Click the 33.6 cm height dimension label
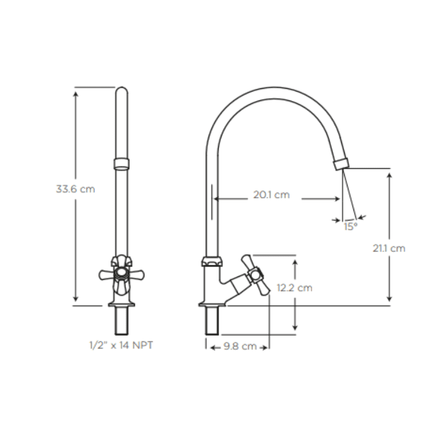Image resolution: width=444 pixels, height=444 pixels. [75, 189]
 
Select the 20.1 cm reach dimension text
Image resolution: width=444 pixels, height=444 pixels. [271, 195]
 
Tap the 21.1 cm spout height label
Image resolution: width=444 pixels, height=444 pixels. [389, 248]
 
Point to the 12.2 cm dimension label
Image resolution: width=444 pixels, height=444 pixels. [294, 287]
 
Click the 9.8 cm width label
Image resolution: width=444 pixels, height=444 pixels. [240, 346]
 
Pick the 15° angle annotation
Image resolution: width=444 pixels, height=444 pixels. [350, 226]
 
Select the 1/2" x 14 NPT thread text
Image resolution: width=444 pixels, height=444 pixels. [121, 345]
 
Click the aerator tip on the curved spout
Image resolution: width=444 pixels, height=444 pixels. [341, 164]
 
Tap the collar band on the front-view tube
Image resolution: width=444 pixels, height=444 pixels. [122, 163]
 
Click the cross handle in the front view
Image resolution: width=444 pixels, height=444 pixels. [122, 274]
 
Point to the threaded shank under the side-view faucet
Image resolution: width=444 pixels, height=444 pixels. [213, 321]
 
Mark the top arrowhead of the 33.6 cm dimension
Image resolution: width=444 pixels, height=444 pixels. [76, 92]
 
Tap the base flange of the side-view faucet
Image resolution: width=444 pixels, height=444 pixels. [213, 304]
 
